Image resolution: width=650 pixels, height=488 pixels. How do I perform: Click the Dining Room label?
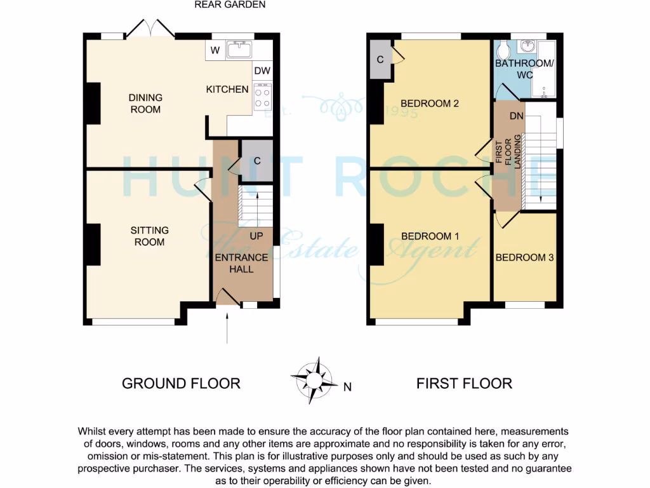(145, 104)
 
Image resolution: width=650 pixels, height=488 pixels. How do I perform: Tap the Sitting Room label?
(149, 236)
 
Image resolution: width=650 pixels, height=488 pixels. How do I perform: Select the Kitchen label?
(227, 90)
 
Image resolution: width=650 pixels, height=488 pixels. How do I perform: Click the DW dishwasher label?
(262, 71)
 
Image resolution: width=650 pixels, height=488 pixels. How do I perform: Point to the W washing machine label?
(215, 51)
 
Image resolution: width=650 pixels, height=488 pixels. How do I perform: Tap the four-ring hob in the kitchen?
(262, 97)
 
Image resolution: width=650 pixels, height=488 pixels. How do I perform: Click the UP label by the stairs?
(256, 236)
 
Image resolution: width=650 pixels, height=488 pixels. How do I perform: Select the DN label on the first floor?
(516, 116)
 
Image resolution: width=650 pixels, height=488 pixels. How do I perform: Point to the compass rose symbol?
(314, 379)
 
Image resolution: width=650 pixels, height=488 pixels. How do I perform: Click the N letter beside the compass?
(347, 386)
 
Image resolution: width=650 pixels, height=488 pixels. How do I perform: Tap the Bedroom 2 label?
(430, 103)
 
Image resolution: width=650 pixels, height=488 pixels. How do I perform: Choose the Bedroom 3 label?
(525, 257)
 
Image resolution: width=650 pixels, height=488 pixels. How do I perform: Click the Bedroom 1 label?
(430, 236)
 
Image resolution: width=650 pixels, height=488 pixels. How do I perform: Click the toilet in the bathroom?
(504, 49)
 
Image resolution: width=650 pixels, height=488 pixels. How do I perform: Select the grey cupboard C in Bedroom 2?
(381, 60)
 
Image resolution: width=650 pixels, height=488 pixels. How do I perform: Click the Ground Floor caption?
(181, 383)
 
